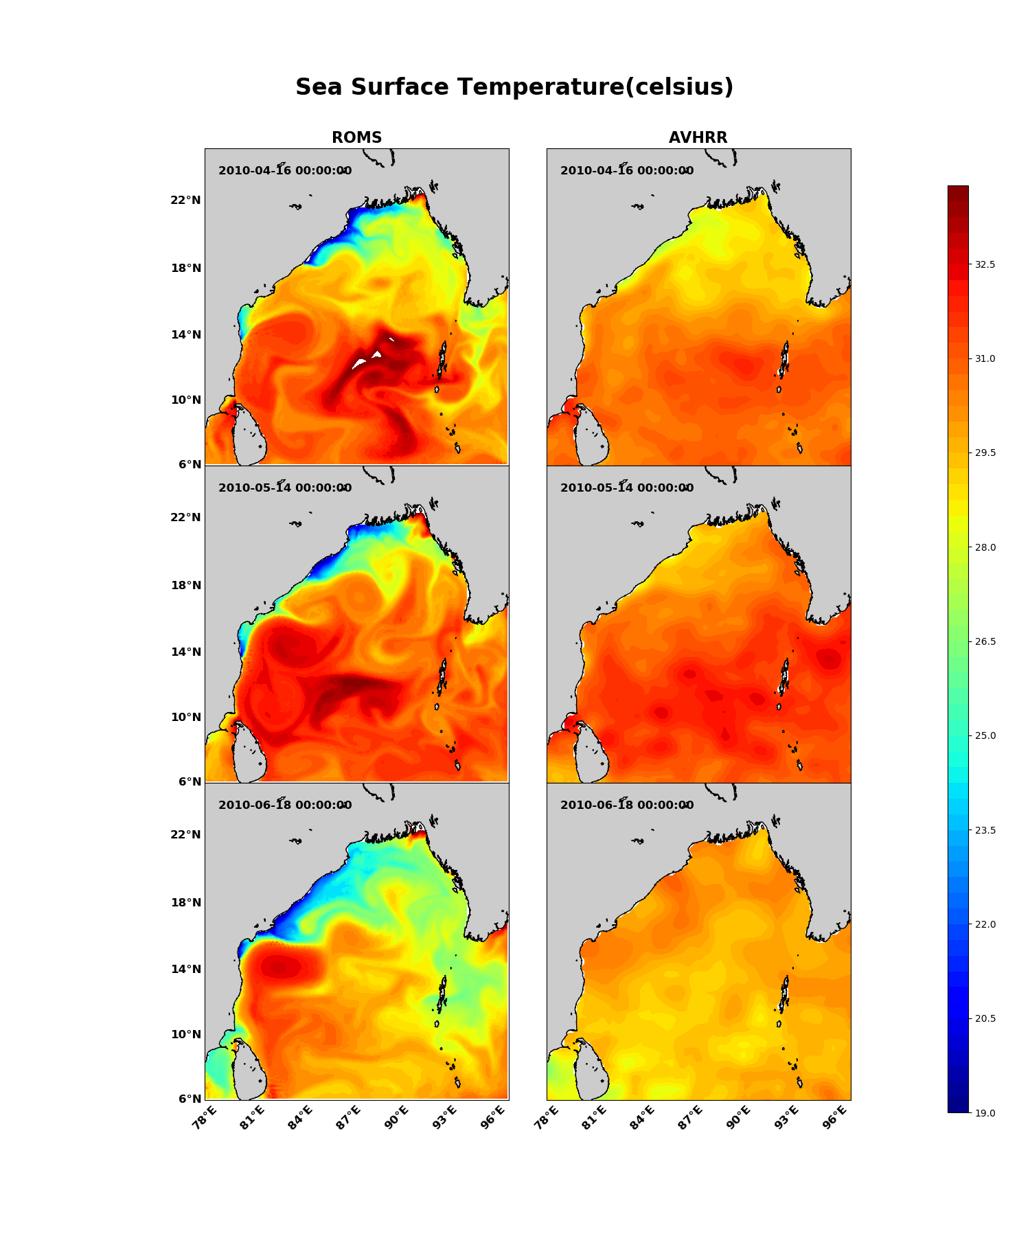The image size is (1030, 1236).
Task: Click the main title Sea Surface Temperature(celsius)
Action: [514, 88]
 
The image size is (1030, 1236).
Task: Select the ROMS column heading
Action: [356, 138]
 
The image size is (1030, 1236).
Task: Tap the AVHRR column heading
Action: [698, 138]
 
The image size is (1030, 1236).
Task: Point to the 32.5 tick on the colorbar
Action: [985, 264]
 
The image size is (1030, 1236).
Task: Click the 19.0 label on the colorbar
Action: [985, 1112]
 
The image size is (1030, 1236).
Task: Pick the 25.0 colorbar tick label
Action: [985, 735]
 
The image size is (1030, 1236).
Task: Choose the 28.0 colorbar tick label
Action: [985, 547]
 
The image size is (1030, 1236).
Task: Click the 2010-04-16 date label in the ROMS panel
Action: [285, 171]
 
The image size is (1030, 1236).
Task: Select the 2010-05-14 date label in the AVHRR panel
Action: [627, 488]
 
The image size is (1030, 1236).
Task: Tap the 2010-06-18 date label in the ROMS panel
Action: [285, 805]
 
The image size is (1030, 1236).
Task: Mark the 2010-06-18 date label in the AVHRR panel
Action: [627, 805]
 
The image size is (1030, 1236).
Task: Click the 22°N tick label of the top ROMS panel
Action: [185, 201]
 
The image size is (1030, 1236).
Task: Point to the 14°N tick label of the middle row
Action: [185, 652]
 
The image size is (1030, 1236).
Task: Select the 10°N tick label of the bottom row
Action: [185, 1034]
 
